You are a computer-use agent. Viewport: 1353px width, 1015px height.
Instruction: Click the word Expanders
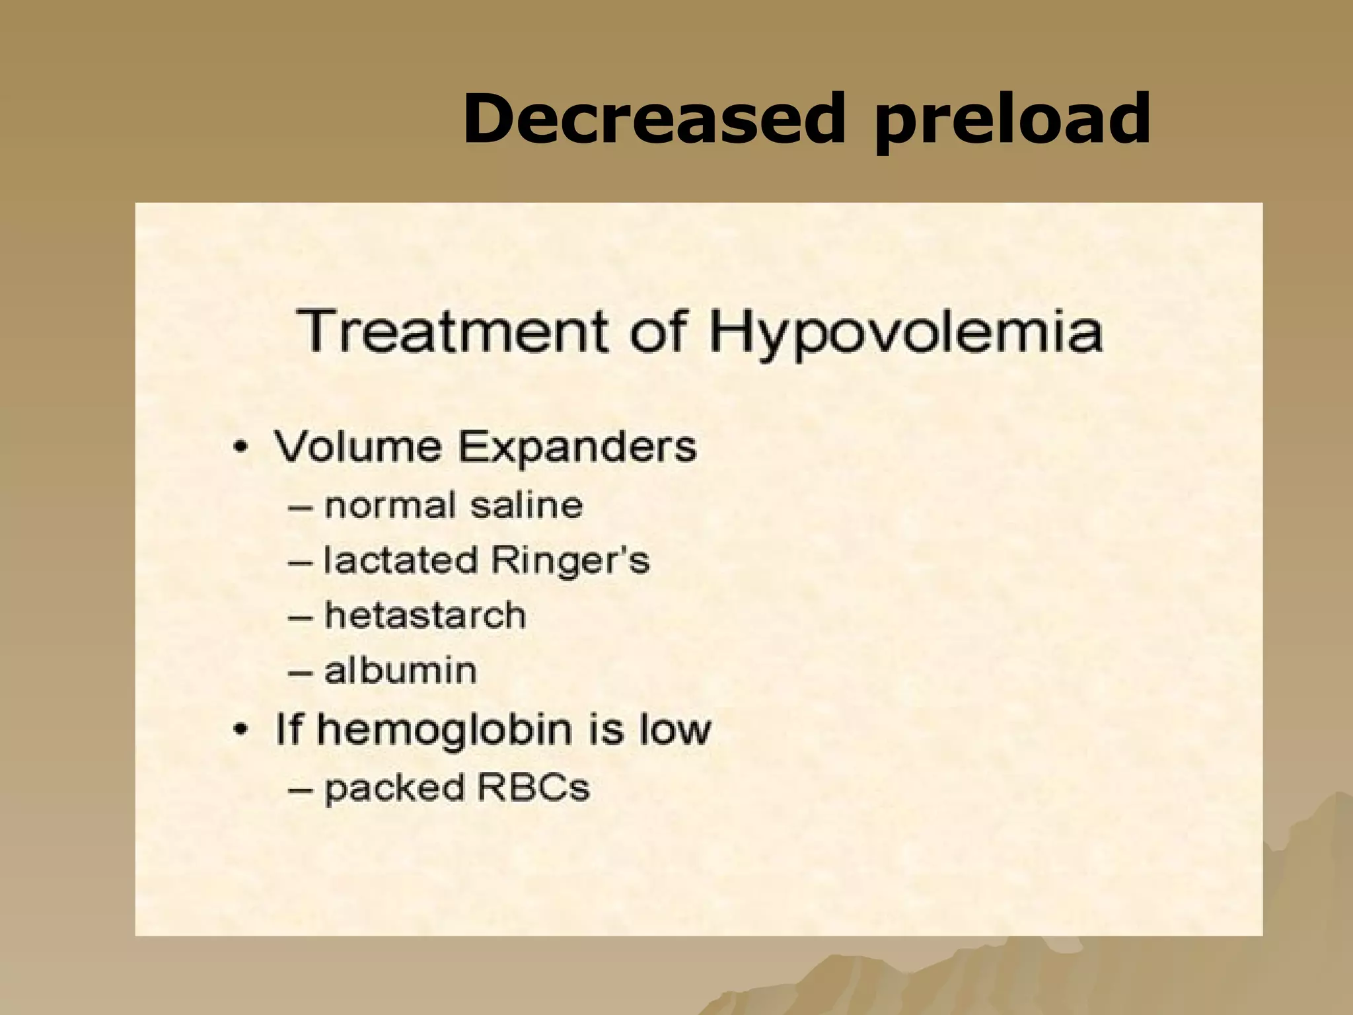click(x=577, y=448)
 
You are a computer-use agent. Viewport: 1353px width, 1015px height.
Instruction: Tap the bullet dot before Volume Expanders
click(x=242, y=449)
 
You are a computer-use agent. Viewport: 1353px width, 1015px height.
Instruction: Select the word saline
click(x=527, y=506)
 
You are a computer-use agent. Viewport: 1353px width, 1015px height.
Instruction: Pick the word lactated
click(x=400, y=560)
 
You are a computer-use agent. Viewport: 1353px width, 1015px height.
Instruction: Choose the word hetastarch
click(x=425, y=616)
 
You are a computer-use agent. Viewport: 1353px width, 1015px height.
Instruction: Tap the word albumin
click(x=400, y=670)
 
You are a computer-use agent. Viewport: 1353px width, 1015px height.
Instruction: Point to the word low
click(x=675, y=730)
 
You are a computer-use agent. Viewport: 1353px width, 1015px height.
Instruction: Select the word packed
click(x=386, y=788)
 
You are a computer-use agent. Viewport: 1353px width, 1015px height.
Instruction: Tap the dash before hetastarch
click(x=301, y=617)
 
